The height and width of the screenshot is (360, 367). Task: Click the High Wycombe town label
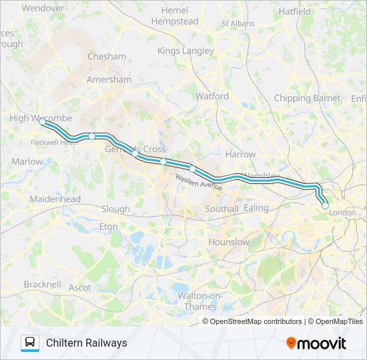41,118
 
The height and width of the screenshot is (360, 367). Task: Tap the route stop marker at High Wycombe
43,123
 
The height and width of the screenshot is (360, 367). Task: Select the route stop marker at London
325,206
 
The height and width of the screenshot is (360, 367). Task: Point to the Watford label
212,96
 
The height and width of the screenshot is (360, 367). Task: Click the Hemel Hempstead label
175,16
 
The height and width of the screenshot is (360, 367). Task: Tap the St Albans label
238,23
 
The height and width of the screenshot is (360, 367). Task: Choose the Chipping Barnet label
307,98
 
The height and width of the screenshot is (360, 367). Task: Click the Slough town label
115,209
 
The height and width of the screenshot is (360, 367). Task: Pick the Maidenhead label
55,199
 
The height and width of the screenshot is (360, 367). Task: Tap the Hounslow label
229,242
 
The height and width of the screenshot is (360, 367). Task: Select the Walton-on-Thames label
194,301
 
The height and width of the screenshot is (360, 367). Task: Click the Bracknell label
42,284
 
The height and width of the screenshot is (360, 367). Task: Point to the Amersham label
109,79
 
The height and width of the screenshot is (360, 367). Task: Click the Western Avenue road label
199,183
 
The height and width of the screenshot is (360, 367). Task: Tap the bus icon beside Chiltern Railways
30,343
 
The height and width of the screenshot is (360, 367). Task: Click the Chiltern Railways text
86,343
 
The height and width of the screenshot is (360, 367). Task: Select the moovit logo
316,343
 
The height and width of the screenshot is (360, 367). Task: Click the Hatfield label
295,12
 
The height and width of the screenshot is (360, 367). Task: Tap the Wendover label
42,9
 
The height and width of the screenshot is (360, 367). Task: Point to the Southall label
221,209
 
